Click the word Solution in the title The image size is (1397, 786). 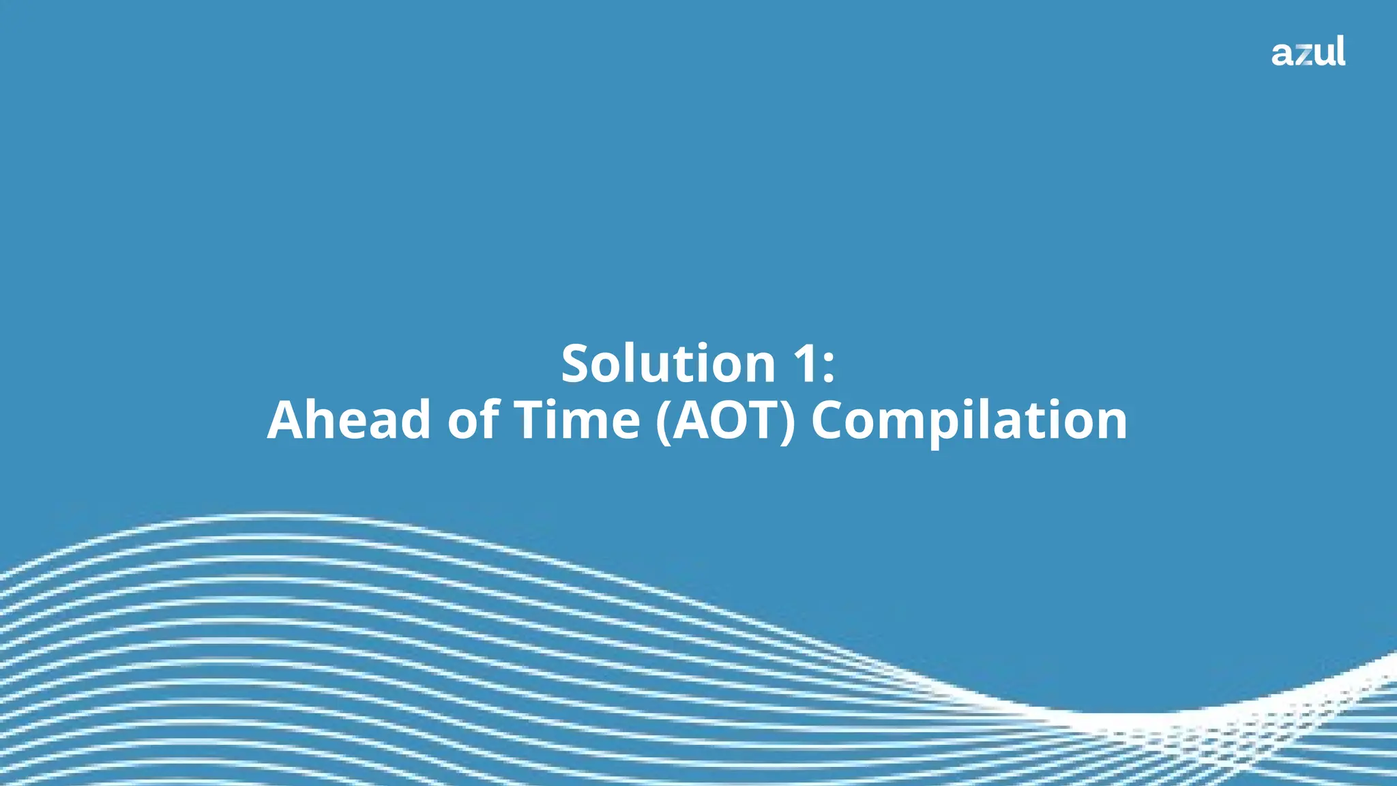pyautogui.click(x=668, y=363)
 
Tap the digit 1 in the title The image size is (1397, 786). pyautogui.click(x=805, y=363)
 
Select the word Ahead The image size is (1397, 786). pyautogui.click(x=349, y=420)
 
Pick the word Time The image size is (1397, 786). pyautogui.click(x=576, y=420)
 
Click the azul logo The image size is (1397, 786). pyautogui.click(x=1308, y=52)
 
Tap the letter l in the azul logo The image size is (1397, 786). pyautogui.click(x=1342, y=50)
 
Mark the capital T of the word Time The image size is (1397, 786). pyautogui.click(x=531, y=420)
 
